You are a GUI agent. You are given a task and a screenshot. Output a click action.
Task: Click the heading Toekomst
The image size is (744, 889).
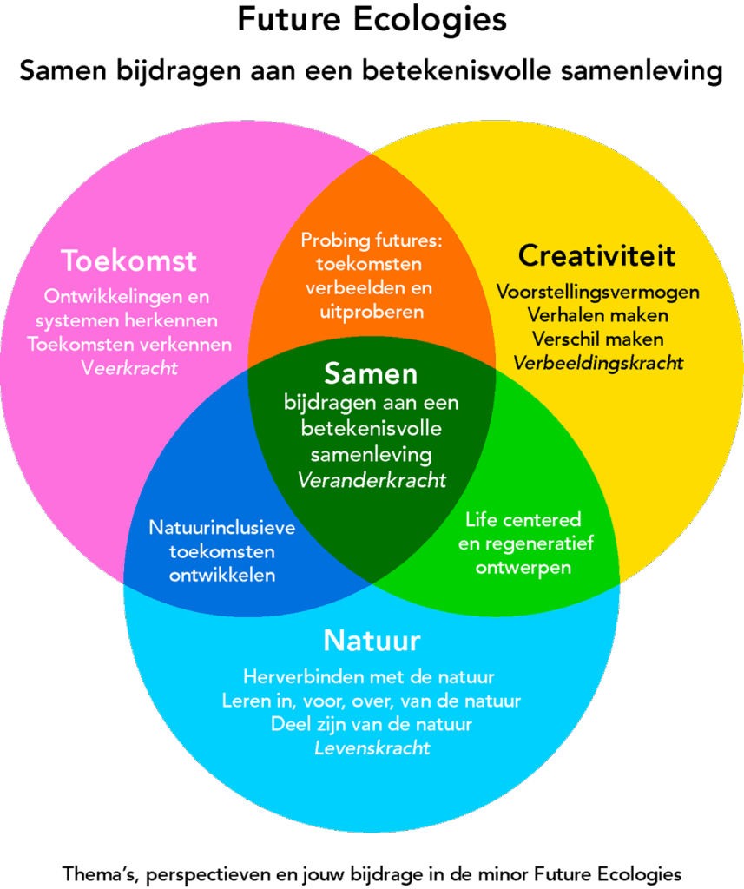pos(128,260)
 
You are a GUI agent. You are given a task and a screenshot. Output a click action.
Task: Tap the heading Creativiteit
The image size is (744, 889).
pos(596,255)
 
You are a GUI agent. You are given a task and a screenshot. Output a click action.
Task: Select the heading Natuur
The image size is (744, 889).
pos(372,641)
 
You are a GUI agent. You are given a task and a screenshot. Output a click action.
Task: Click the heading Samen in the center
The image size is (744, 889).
pos(371,373)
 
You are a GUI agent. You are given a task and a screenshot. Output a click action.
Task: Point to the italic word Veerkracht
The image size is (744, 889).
pos(129,367)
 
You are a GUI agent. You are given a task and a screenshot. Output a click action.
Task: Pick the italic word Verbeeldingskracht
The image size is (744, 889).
pos(598,363)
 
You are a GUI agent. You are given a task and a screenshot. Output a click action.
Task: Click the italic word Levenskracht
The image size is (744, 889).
pos(372,747)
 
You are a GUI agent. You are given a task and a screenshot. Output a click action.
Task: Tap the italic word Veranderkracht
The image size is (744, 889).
pos(372,480)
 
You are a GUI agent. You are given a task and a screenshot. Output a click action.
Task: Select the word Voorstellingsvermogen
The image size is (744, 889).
pos(598,292)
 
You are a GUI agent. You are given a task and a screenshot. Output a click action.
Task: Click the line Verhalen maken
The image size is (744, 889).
pos(598,315)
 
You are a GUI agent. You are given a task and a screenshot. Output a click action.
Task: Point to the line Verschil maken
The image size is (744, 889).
pos(598,339)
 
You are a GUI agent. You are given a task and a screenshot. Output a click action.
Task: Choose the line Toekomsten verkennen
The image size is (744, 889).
pos(129,344)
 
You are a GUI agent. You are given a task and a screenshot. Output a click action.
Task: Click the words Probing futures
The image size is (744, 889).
pos(372,240)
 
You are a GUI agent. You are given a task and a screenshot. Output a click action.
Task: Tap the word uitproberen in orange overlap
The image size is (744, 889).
pos(372,311)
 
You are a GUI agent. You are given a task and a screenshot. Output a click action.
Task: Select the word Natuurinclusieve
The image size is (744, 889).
pos(222,528)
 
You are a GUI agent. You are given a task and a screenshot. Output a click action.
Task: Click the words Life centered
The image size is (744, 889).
pos(523,520)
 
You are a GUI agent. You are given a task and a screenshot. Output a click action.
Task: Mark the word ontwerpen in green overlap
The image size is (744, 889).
pos(523,568)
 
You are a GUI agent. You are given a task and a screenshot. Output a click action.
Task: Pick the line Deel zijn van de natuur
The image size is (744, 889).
pos(371,723)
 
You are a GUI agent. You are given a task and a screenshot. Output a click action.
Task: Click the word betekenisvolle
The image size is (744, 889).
pos(372,428)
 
